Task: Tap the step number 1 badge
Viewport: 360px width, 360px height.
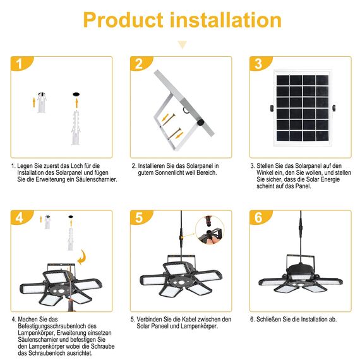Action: click(x=21, y=64)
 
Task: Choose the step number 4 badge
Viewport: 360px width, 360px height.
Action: click(x=21, y=218)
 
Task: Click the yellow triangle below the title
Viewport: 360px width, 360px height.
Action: click(x=183, y=45)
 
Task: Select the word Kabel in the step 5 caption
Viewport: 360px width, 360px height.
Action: click(x=187, y=320)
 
